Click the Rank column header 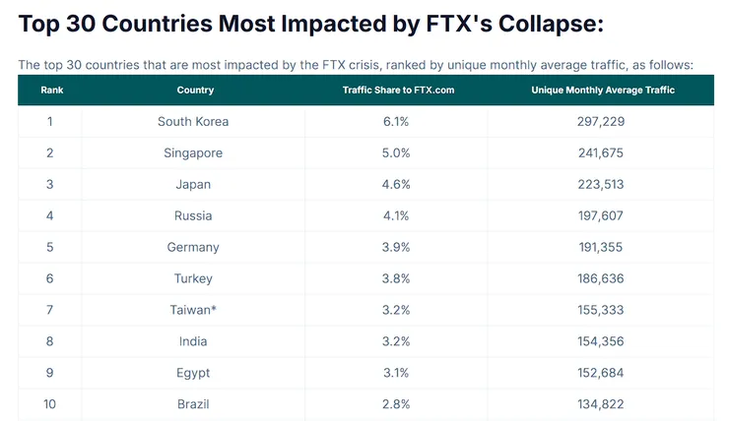coord(50,90)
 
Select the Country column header coord(195,90)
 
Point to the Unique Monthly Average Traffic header coord(602,90)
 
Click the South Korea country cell coord(193,121)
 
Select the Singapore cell coord(193,152)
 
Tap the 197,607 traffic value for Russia coord(601,215)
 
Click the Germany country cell coord(193,247)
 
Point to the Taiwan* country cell coord(193,310)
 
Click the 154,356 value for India coord(601,341)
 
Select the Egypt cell coord(193,373)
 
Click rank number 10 coord(50,404)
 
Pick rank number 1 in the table coord(50,121)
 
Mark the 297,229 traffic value coord(601,121)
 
